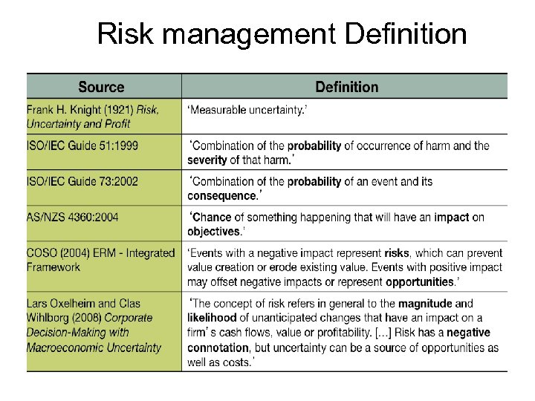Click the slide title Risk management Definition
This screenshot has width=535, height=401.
point(282,33)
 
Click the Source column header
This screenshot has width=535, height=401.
point(102,87)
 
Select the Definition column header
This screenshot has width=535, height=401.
point(346,87)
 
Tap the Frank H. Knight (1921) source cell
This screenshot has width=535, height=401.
point(93,116)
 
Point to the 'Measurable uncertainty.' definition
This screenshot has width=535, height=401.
point(247,110)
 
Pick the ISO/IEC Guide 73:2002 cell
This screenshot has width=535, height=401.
point(82,181)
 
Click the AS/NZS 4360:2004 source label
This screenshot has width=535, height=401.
point(73,217)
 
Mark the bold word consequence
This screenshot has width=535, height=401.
point(221,195)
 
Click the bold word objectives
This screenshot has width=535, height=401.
point(213,231)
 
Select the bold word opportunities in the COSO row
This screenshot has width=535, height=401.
point(419,281)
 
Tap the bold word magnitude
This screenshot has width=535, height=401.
point(426,303)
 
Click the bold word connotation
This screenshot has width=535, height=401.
point(217,348)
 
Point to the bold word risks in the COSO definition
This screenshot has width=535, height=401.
point(397,252)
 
